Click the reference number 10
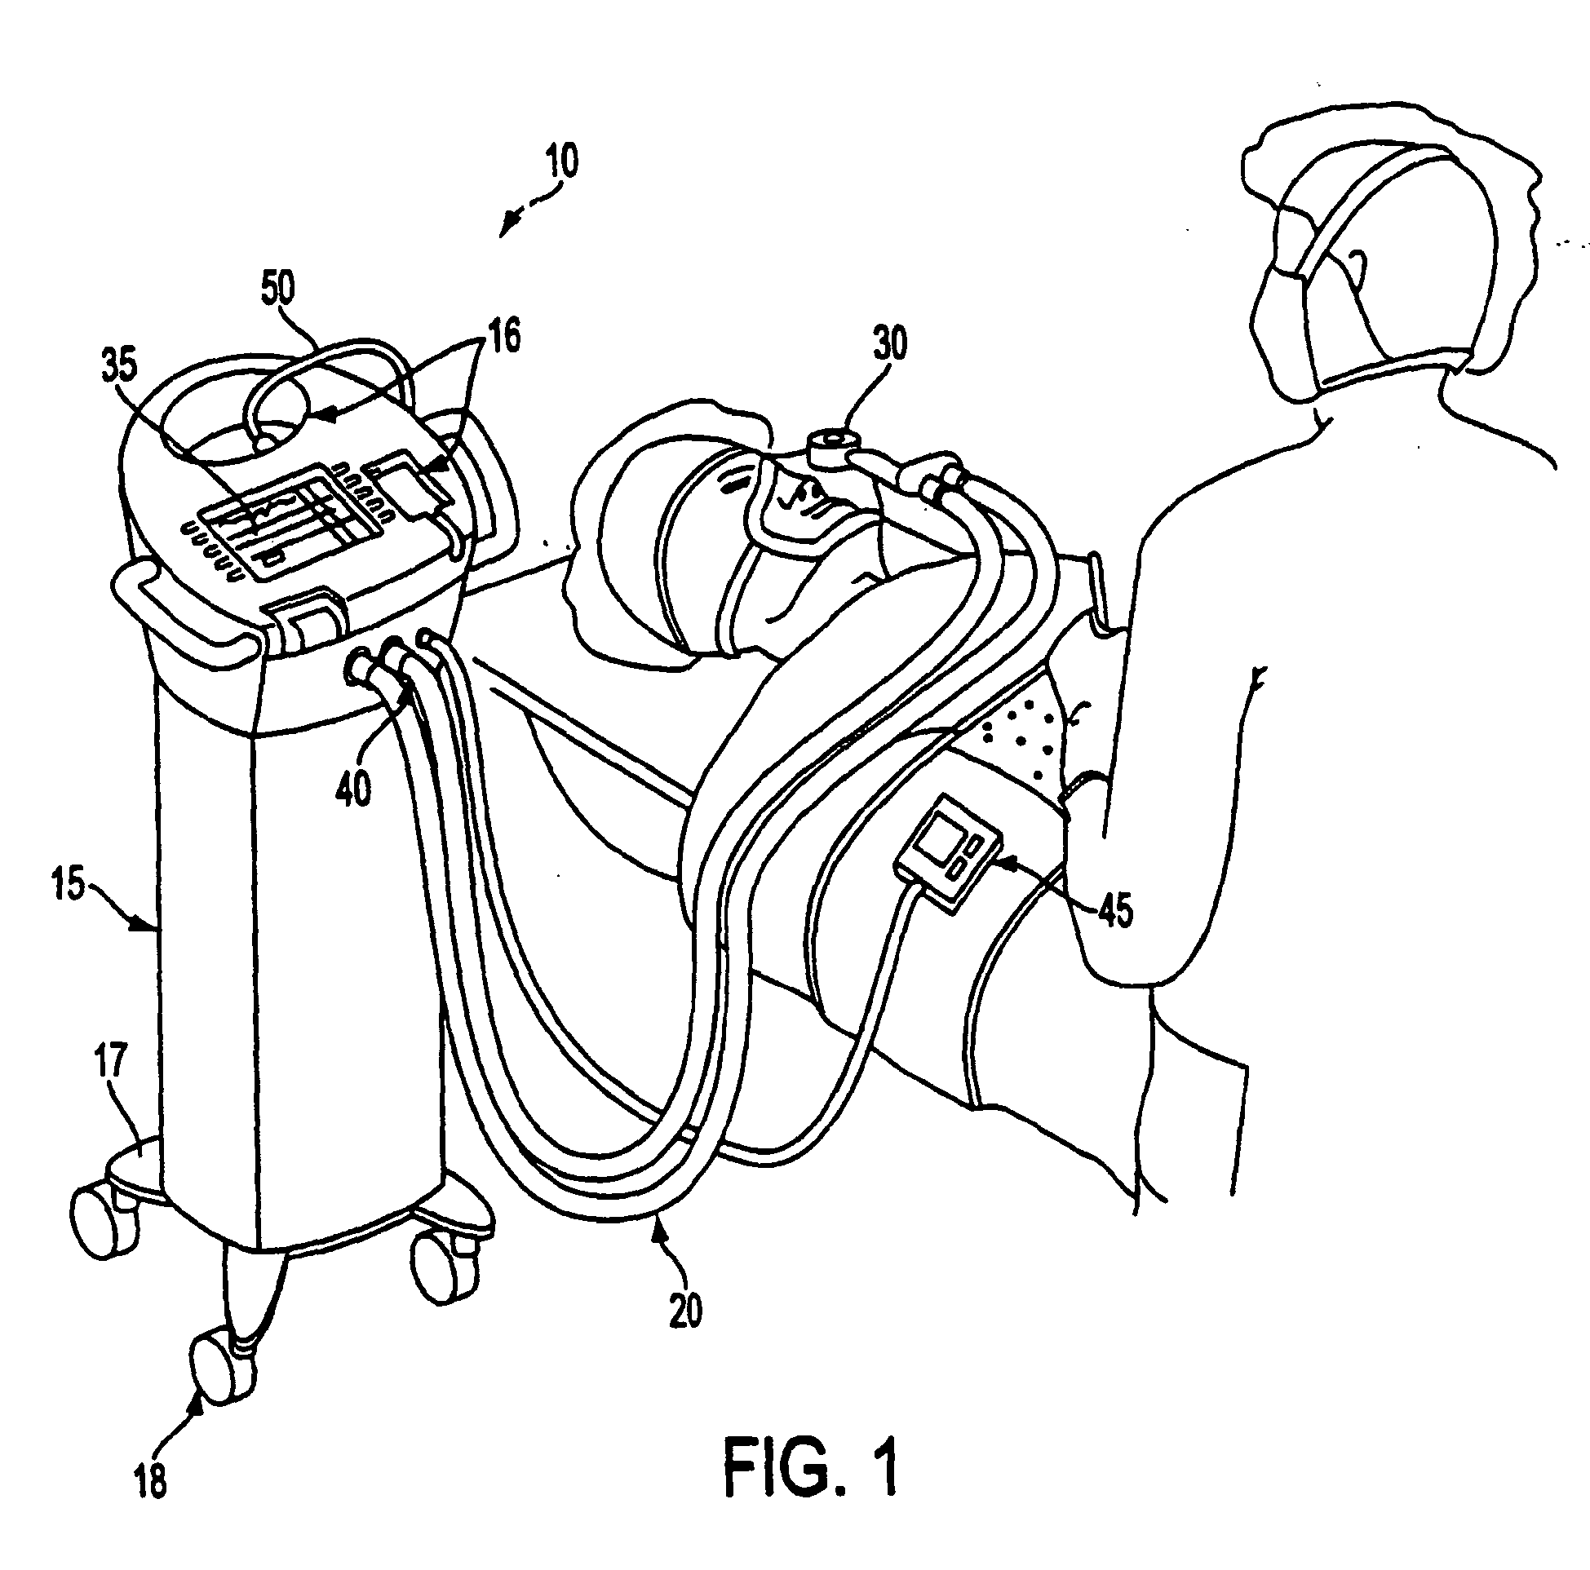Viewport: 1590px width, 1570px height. click(560, 162)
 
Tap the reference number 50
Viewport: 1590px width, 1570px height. click(278, 290)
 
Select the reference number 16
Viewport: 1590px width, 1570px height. click(504, 337)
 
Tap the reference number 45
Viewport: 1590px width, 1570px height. click(1115, 910)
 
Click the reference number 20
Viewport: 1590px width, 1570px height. click(685, 1311)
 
